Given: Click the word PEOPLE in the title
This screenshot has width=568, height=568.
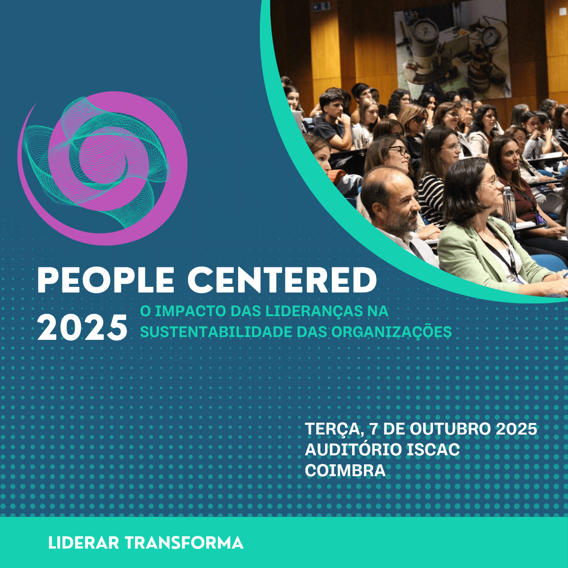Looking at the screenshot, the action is coord(106,280).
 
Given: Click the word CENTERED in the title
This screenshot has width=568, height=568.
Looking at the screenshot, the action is coord(282,280).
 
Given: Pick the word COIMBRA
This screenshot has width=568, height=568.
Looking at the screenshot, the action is coord(345,470).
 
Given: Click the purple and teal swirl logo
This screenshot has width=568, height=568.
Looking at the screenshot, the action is coord(102,168).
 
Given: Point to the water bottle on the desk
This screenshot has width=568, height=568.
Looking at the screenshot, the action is coord(509,207).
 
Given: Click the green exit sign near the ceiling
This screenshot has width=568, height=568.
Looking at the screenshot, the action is coord(320,5).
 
